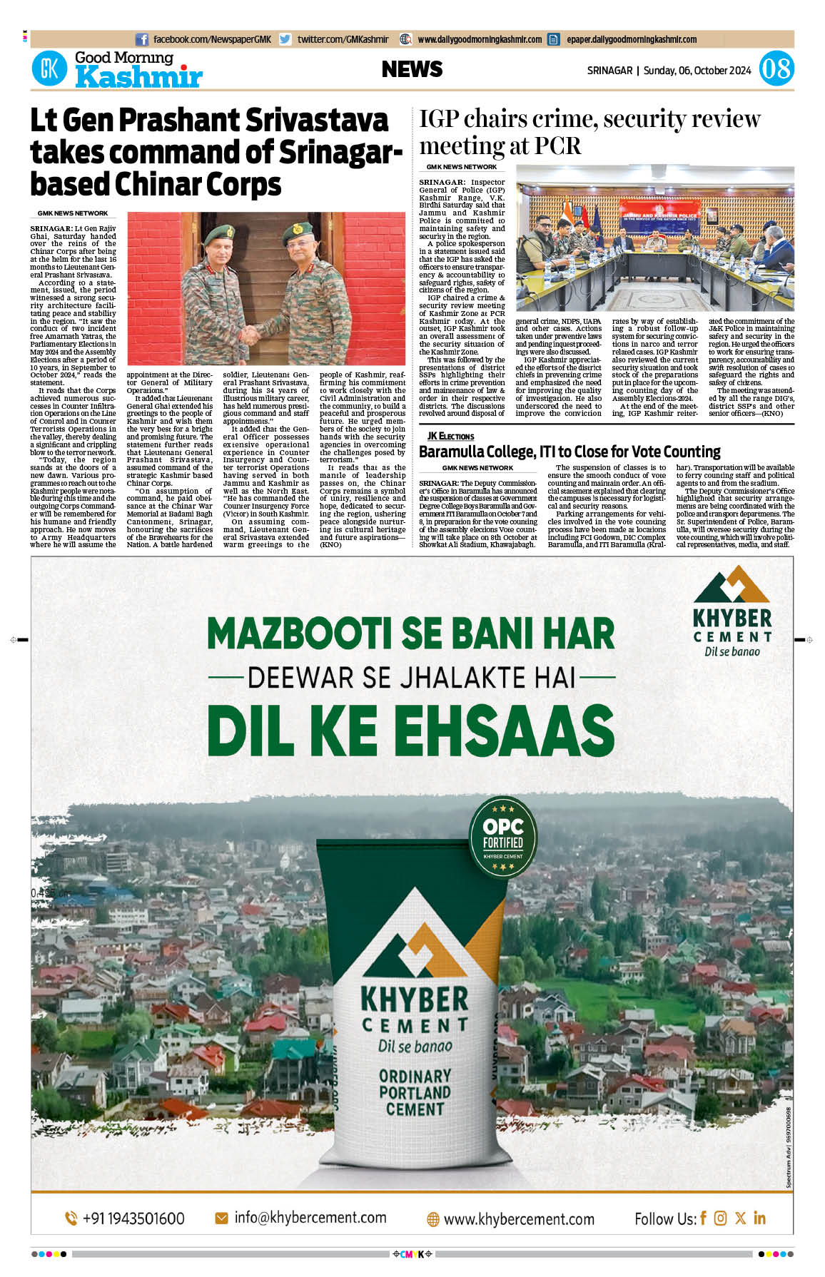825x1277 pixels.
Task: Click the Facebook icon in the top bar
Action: pyautogui.click(x=142, y=40)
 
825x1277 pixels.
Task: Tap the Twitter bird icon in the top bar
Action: pyautogui.click(x=285, y=40)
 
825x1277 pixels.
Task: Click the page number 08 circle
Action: pyautogui.click(x=776, y=70)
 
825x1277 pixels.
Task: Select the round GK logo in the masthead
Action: pyautogui.click(x=49, y=69)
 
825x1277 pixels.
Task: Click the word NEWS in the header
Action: pyautogui.click(x=412, y=69)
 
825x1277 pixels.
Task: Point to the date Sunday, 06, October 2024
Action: pyautogui.click(x=697, y=71)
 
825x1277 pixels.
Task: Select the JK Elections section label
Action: pyautogui.click(x=450, y=436)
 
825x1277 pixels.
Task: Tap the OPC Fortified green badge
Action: pyautogui.click(x=503, y=837)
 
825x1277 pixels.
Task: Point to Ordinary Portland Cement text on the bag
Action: pyautogui.click(x=415, y=1092)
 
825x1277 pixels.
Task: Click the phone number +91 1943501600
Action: pyautogui.click(x=125, y=1219)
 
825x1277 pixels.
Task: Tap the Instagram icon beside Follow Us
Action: pyautogui.click(x=721, y=1218)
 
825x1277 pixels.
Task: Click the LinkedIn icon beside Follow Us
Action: pyautogui.click(x=759, y=1218)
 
